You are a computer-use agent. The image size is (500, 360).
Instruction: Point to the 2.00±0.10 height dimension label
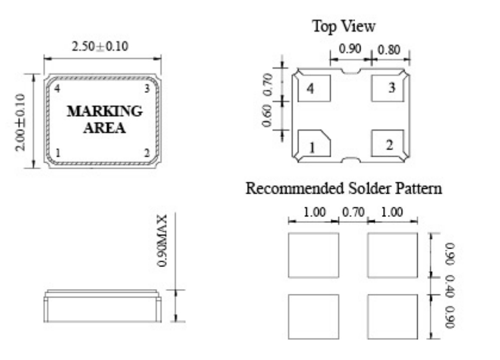(21, 122)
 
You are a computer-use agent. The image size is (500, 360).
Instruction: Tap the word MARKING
(104, 111)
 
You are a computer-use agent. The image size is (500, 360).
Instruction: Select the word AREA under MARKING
(104, 128)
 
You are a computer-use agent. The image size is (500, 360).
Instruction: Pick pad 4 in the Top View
(314, 89)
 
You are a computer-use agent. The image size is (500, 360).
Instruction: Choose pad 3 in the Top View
(390, 88)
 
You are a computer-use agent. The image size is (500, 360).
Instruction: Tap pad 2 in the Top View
(390, 144)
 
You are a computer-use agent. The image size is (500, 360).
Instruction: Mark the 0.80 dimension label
(390, 49)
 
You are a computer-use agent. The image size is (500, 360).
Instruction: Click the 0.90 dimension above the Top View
(350, 49)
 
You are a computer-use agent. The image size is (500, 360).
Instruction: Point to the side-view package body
(101, 306)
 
